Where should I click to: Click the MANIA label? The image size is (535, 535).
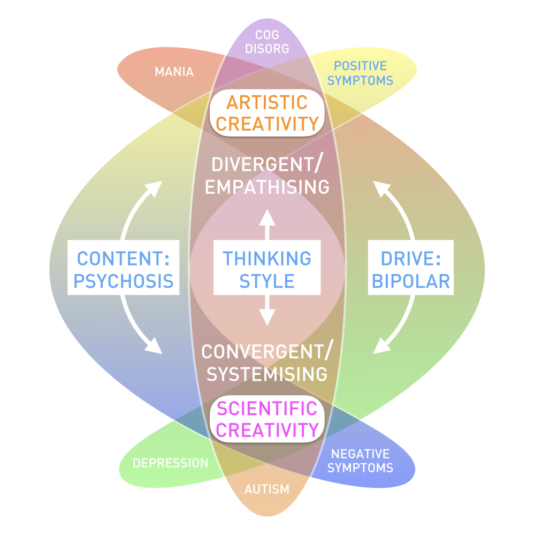[174, 71]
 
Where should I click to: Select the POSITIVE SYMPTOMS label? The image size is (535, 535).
[360, 73]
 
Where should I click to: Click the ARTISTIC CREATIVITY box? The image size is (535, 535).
[267, 112]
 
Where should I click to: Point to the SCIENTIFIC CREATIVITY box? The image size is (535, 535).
[267, 419]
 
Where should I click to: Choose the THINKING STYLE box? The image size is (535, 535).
[267, 269]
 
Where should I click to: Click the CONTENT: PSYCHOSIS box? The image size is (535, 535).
[123, 269]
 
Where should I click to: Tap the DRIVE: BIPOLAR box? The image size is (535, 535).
[411, 269]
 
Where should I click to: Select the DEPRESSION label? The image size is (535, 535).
[171, 463]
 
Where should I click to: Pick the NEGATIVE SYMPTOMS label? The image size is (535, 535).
[360, 461]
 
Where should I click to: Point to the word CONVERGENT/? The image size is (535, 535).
[266, 352]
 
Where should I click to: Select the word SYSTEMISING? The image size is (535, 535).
[266, 374]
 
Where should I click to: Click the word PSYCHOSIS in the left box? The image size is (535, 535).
[123, 281]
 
